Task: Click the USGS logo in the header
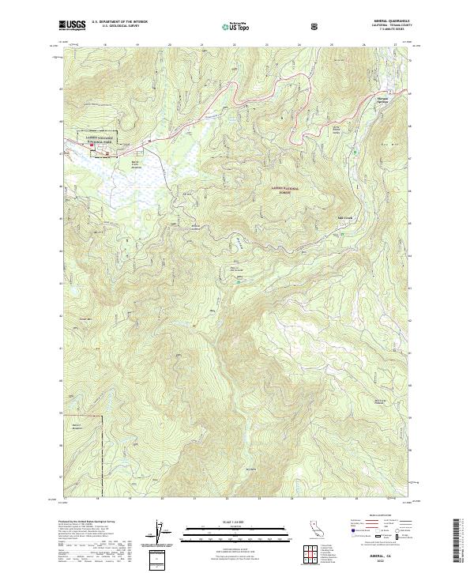72,25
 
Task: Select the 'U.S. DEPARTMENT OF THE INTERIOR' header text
118,22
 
